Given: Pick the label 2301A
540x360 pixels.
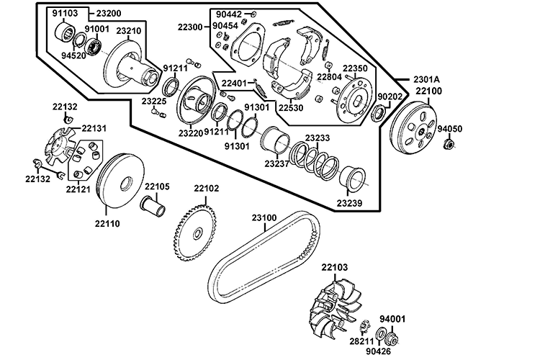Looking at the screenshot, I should click(x=426, y=78).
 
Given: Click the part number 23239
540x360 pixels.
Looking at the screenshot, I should click(x=348, y=204).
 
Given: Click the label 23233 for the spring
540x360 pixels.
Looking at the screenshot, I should click(x=318, y=138).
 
